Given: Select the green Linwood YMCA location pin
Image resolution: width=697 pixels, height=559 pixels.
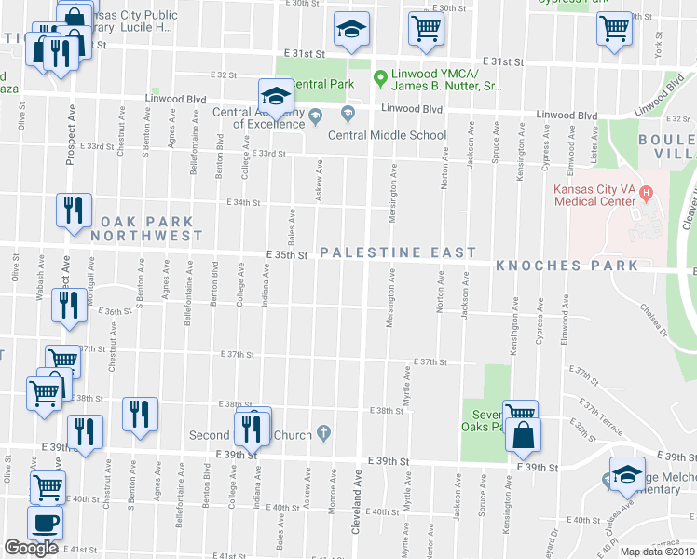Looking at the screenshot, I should [x=379, y=77].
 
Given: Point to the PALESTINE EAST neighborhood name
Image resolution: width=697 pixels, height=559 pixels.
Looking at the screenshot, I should [x=398, y=252].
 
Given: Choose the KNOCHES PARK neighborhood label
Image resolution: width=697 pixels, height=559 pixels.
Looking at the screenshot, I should [x=567, y=266].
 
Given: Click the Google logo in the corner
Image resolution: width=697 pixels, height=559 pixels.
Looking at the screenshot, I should [x=31, y=547].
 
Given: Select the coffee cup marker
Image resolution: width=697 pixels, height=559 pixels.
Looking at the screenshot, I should [x=44, y=523].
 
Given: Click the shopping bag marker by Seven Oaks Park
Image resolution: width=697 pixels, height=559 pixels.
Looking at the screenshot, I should [x=526, y=433].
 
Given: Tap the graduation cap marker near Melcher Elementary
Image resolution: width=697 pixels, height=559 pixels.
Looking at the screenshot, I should [x=627, y=472].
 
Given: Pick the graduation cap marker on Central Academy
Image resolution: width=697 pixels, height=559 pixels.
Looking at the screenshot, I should [x=276, y=95].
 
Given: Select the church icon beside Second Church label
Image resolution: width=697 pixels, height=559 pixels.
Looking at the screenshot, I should [x=323, y=432].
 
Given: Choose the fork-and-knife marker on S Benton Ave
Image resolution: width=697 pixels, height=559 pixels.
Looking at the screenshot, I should [x=140, y=414].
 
